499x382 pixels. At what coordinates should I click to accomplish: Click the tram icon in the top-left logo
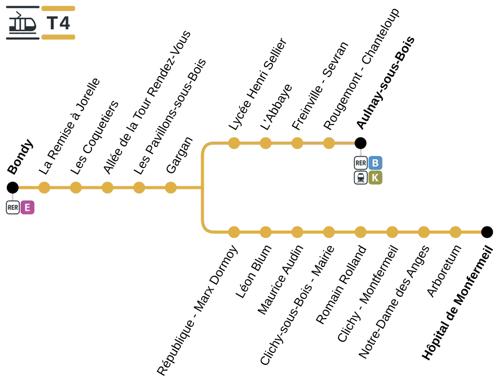coord(22,23)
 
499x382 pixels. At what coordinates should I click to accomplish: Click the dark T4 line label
coord(58,23)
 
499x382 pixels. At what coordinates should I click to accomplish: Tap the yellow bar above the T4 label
coord(59,8)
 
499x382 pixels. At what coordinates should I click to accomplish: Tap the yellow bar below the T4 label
coord(59,37)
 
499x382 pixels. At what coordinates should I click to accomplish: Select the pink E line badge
coord(28,208)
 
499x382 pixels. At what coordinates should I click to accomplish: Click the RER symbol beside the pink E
coord(13,208)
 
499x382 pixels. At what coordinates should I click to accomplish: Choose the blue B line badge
coord(375,162)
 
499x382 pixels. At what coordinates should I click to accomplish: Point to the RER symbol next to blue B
coord(361,163)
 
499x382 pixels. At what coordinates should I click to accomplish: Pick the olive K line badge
coord(375,178)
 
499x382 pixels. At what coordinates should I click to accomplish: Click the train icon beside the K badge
coord(361,178)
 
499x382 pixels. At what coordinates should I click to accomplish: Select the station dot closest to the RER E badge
coord(44,187)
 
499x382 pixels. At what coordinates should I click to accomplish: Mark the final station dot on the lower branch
coord(455,232)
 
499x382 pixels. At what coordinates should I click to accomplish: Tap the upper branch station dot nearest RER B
coord(329,143)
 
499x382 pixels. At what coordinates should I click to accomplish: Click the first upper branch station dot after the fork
coord(234,143)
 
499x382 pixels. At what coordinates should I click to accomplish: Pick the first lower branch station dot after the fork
coord(234,232)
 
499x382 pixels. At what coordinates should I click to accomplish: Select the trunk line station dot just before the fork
coord(172,187)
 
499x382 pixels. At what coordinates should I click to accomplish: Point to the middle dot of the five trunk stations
coord(107,187)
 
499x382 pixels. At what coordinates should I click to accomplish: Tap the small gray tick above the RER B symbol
coord(360,152)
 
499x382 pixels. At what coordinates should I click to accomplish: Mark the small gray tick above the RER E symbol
coord(12,197)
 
